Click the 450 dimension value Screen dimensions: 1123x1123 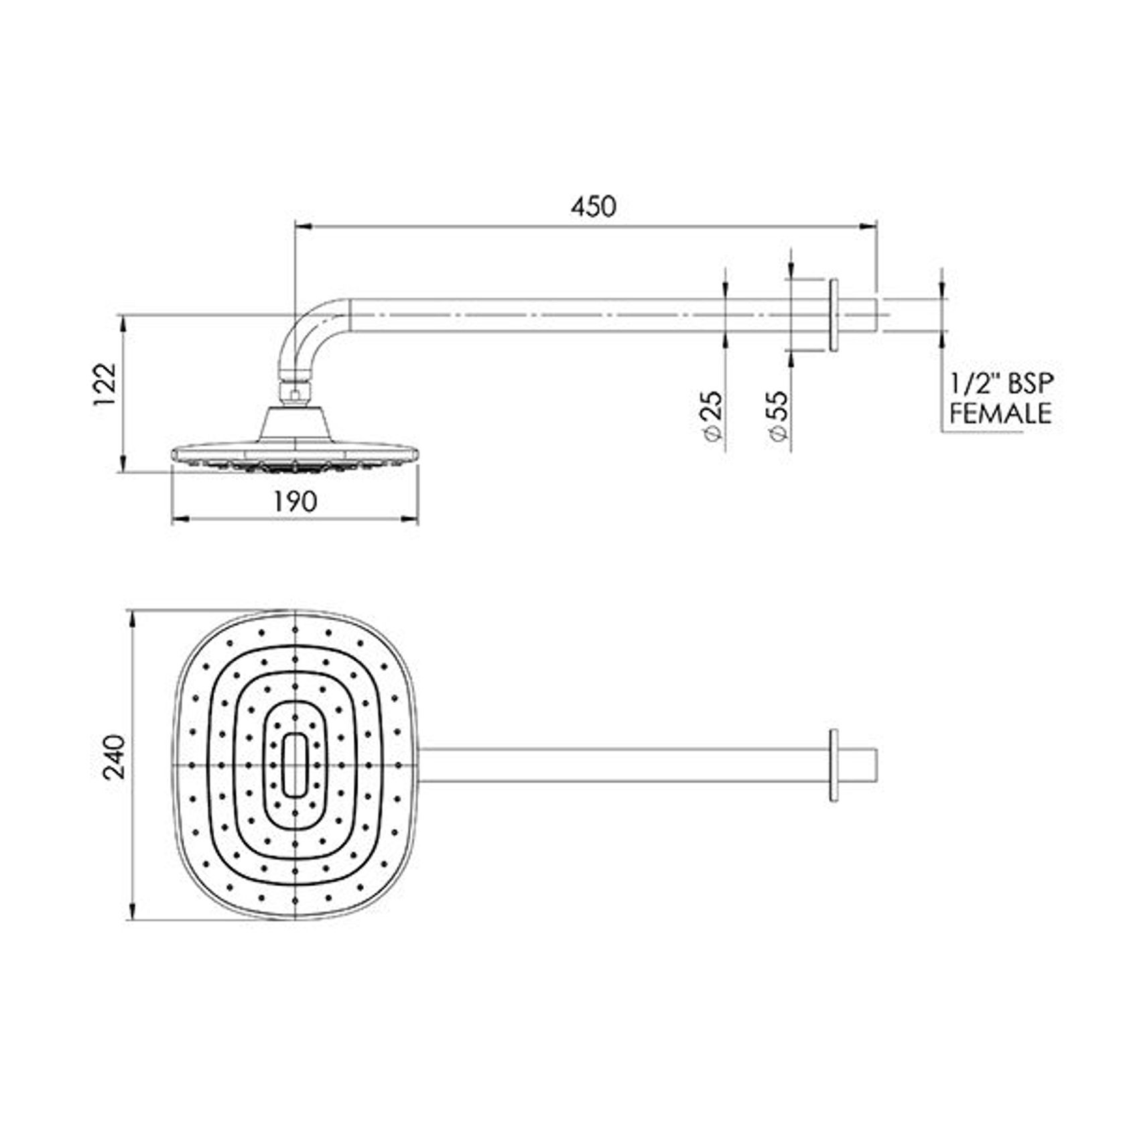[593, 207]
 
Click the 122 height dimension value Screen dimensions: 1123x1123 [105, 385]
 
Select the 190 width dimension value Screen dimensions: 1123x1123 [295, 502]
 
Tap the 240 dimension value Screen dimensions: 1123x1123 [114, 756]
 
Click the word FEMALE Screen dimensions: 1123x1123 [1000, 413]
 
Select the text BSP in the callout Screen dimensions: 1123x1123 [1029, 384]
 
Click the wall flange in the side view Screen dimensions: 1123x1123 [834, 315]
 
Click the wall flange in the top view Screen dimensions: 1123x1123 [834, 765]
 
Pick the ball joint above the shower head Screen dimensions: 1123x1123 [295, 391]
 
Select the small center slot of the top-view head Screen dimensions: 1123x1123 [295, 765]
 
